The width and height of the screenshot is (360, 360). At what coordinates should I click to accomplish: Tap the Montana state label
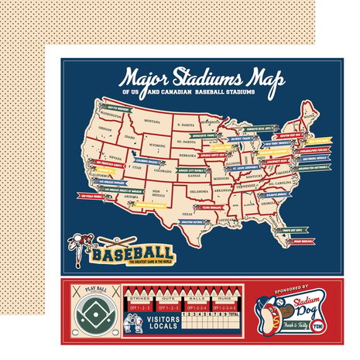[152, 121]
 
